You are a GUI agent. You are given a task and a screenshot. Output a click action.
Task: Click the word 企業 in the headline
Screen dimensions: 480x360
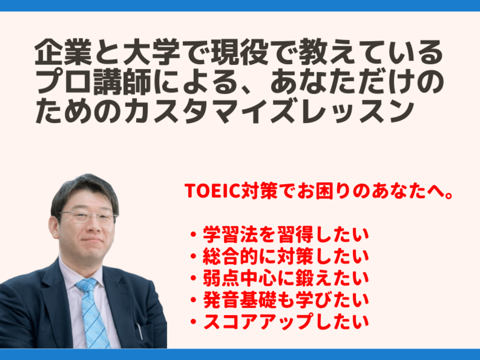click(x=64, y=52)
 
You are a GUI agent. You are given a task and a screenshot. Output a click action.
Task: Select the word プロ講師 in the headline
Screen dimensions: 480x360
click(x=94, y=81)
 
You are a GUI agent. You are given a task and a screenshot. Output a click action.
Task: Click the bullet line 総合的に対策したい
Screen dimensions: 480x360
click(x=286, y=257)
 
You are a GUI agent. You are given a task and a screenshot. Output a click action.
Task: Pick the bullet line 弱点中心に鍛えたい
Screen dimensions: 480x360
click(x=286, y=278)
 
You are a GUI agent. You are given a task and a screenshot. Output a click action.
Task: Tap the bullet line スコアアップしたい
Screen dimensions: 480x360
click(x=286, y=322)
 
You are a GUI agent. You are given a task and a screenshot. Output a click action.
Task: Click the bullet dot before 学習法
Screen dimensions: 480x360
click(x=193, y=235)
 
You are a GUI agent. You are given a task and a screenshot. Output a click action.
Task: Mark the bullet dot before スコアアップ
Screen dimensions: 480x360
click(x=193, y=322)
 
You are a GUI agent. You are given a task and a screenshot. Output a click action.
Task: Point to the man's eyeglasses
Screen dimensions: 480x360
click(x=87, y=217)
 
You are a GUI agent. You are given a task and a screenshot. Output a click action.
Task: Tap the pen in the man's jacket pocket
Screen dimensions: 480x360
click(x=140, y=331)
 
